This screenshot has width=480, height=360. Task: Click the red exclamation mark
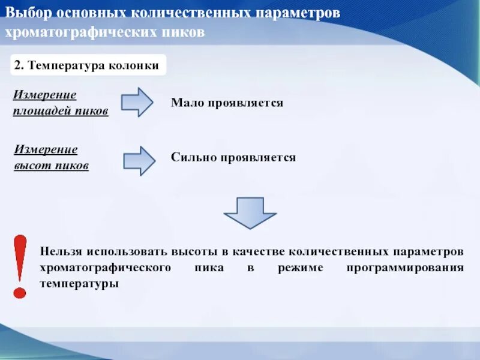tap(20, 266)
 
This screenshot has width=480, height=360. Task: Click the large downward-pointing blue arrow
tap(250, 212)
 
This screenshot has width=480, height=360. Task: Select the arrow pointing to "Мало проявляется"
tap(137, 102)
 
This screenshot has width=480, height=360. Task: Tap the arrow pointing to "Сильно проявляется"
tap(139, 160)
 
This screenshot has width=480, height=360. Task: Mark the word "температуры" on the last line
tap(80, 283)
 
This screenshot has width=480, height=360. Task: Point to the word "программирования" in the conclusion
tap(405, 268)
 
